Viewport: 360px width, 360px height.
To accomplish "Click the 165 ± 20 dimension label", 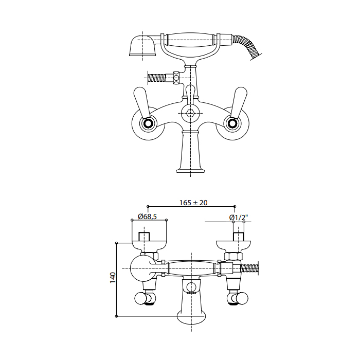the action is click(x=193, y=203).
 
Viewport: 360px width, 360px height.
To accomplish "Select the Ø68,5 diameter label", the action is click(x=147, y=217).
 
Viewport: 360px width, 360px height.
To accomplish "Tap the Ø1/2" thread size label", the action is click(x=239, y=217).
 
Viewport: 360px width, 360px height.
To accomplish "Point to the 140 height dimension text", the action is click(x=113, y=278).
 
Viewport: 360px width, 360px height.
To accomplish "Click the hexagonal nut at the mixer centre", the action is click(x=190, y=113).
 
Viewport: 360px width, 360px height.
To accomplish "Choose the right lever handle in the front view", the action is click(x=239, y=103).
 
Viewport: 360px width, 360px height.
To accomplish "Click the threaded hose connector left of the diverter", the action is click(x=157, y=78).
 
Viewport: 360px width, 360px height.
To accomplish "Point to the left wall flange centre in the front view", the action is click(x=148, y=124).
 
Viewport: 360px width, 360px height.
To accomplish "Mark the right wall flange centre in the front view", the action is click(x=232, y=124).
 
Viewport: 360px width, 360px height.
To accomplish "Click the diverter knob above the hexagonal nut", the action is click(x=190, y=92).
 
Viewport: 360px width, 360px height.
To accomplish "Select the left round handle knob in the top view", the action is click(x=140, y=298).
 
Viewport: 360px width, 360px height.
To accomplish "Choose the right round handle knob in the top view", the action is click(x=242, y=298).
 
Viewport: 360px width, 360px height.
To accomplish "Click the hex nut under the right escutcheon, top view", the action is click(x=233, y=256).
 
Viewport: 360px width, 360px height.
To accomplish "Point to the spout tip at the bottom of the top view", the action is click(x=191, y=318).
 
